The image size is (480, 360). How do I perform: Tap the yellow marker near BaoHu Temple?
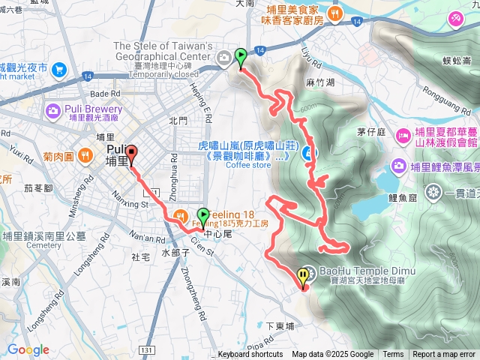[303, 277]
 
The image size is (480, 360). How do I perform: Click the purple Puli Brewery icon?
[52, 112]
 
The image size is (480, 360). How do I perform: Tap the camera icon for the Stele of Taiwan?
[224, 58]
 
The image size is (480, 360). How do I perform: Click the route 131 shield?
[145, 350]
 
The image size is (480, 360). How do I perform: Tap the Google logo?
[28, 349]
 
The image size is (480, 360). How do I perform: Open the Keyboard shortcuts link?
[250, 355]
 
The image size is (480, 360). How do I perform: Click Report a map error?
[444, 355]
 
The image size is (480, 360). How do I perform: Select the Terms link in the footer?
[393, 355]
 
